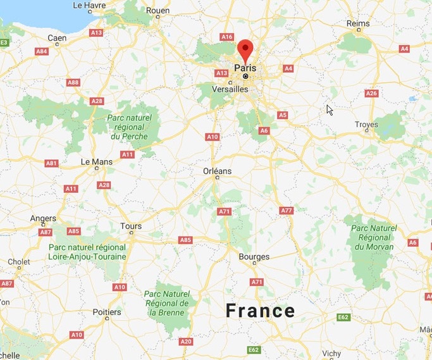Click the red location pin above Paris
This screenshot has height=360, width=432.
[245, 50]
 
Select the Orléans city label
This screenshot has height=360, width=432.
[217, 171]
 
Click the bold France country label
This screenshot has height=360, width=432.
[261, 311]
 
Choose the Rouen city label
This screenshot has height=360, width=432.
[158, 11]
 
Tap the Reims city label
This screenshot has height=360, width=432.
[358, 23]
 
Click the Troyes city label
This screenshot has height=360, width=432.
[366, 125]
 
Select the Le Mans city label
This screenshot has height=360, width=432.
[96, 162]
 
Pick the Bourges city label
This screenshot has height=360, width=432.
[254, 257]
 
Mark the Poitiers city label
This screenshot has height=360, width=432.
[106, 312]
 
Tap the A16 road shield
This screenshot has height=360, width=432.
[226, 37]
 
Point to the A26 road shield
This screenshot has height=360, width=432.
[372, 94]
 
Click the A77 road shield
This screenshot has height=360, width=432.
[287, 210]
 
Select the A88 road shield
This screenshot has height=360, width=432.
[73, 82]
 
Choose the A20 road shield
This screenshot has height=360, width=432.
[186, 342]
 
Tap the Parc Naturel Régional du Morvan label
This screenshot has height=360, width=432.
[374, 237]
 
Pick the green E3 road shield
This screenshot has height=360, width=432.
[4, 42]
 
